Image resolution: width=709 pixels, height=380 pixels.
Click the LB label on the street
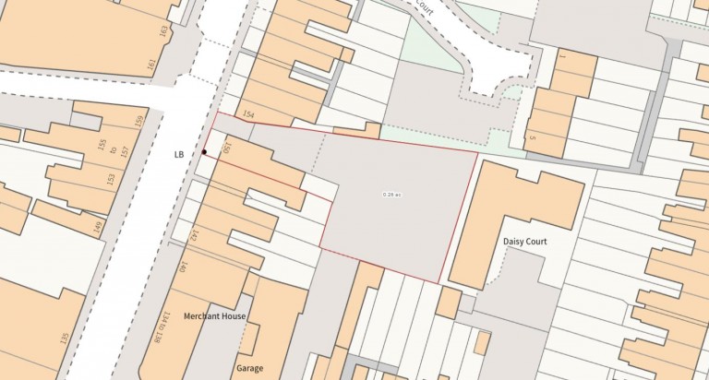[x=180, y=155]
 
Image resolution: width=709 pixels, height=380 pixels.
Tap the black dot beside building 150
[x=205, y=152]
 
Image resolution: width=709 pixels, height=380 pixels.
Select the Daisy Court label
[x=525, y=242]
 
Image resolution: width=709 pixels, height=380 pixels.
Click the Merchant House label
[x=214, y=316]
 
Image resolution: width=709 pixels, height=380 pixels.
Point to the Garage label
[x=249, y=367]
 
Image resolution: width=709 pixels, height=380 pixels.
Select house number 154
[x=247, y=114]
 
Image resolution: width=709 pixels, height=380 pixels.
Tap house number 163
[x=163, y=30]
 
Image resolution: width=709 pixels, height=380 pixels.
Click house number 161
[x=150, y=64]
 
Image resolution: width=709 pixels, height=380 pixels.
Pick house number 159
[x=139, y=121]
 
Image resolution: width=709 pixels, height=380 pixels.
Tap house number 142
[x=195, y=234]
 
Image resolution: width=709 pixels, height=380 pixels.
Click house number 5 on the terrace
[x=533, y=138]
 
